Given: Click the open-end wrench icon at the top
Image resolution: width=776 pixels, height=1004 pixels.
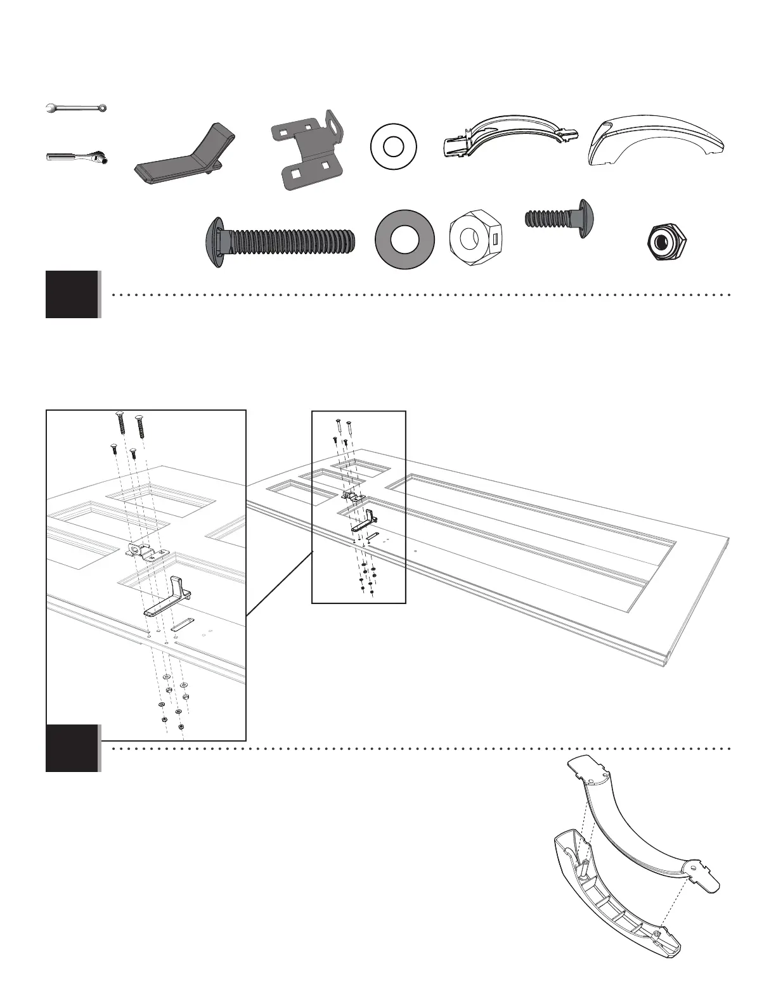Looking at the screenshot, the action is [77, 108].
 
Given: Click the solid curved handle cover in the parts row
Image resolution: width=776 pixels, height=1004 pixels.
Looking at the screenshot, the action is [656, 140].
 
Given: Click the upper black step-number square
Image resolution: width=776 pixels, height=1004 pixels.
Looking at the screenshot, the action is [72, 294].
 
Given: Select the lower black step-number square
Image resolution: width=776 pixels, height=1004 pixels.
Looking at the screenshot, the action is [72, 748].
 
